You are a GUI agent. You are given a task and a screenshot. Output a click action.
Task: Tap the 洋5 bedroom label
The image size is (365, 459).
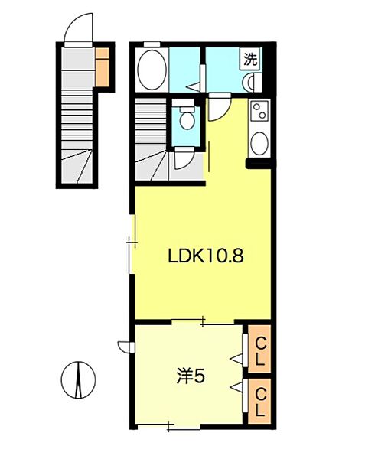[x=191, y=376]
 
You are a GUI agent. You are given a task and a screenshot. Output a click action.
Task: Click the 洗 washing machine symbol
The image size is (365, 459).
[x=250, y=58]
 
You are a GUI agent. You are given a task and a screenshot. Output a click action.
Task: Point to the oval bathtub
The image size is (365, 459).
[x=153, y=70]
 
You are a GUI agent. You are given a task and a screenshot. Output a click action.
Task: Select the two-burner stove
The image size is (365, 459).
[x=259, y=112]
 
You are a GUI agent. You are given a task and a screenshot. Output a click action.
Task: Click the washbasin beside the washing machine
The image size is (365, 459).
[x=250, y=83]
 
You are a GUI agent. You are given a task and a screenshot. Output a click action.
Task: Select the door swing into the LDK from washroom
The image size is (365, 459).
[x=217, y=107]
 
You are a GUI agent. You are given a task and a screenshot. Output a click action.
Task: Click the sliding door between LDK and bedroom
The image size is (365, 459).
[x=203, y=322]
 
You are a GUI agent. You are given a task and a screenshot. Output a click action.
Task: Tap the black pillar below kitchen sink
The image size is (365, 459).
[x=257, y=163]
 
